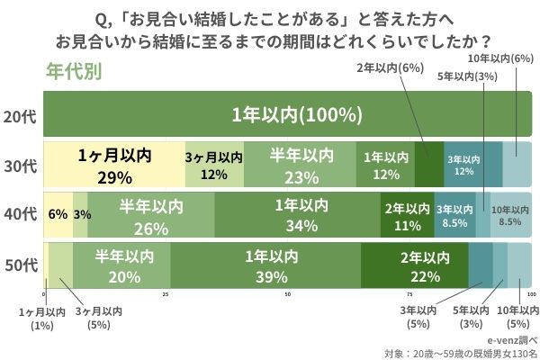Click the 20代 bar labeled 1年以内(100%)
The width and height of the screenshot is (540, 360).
(x=288, y=115)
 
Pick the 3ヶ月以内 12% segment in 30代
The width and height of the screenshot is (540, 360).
(x=213, y=165)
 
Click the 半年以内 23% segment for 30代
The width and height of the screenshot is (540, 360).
(x=301, y=165)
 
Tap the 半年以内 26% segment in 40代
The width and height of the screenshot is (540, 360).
(x=150, y=214)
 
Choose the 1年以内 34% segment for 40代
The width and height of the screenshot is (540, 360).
(x=297, y=214)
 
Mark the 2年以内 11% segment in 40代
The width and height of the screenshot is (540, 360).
(x=407, y=214)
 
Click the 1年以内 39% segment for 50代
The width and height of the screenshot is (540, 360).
(x=265, y=265)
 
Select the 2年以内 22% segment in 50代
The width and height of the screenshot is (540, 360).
(x=414, y=265)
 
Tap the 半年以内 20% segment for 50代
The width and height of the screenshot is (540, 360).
(x=121, y=265)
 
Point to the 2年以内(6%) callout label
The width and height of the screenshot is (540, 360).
(x=390, y=67)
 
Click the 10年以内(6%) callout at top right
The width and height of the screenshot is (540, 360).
(x=501, y=59)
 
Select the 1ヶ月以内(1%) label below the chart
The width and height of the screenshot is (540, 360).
(x=42, y=318)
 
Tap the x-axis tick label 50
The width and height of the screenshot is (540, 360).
(x=288, y=295)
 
